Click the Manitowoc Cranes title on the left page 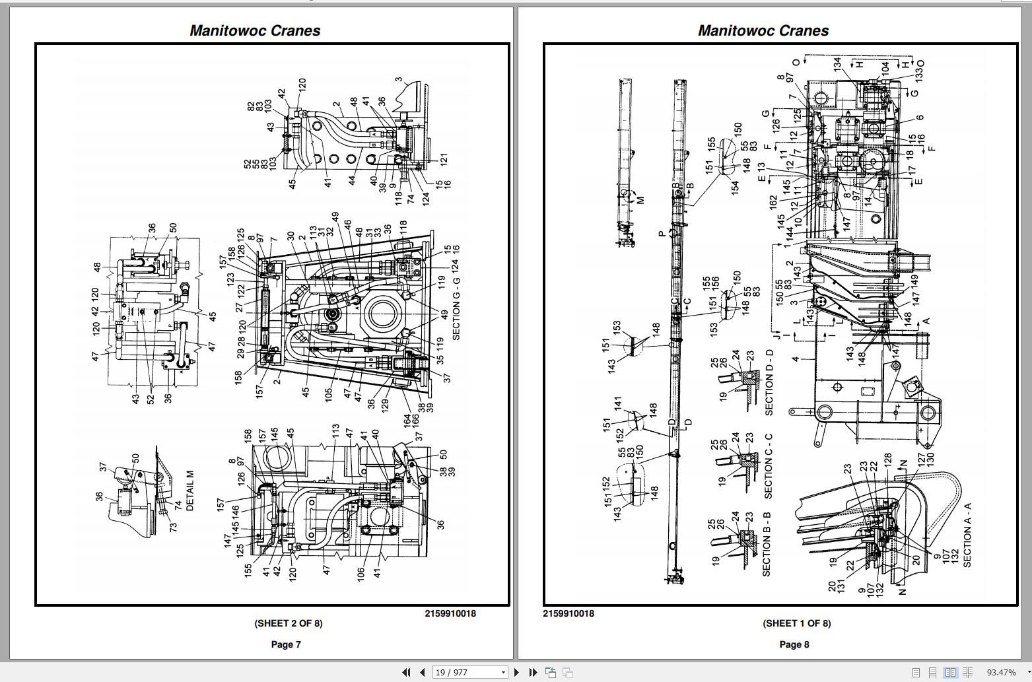point(255,30)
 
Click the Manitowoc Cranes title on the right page point(763,30)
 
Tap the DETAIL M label point(190,491)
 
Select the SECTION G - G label point(456,300)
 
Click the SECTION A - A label point(967,535)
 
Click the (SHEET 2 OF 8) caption point(289,623)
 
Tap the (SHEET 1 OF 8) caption point(797,623)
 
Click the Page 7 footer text point(286,644)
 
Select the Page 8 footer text point(794,644)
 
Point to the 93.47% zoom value point(1001,673)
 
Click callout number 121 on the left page point(444,159)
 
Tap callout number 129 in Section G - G point(385,405)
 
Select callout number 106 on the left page point(361,574)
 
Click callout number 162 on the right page point(774,202)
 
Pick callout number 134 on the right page point(837,64)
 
